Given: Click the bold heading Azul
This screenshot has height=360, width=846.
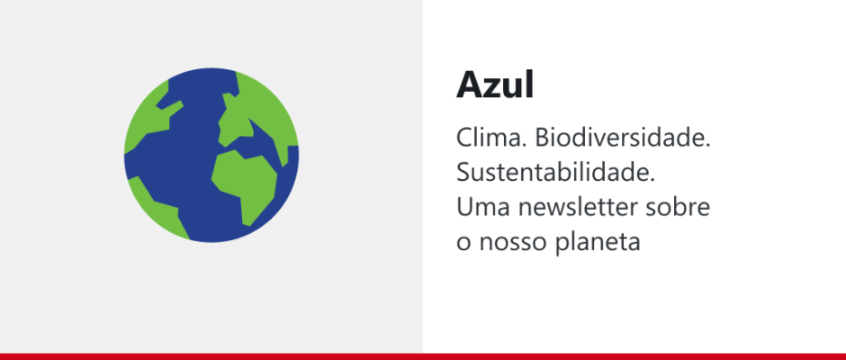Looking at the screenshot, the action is coord(495,85).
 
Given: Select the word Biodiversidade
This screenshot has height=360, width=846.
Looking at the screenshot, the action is coord(623,139).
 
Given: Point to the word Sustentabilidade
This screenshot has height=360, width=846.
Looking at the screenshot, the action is coord(555,173).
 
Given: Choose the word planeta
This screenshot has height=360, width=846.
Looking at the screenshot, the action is coord(597,242).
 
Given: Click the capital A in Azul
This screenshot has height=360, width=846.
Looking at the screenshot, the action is coord(470,85).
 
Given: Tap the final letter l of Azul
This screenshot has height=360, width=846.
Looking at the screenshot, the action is coord(529,85).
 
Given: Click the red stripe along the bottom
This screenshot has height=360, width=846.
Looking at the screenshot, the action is coord(423,356).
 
